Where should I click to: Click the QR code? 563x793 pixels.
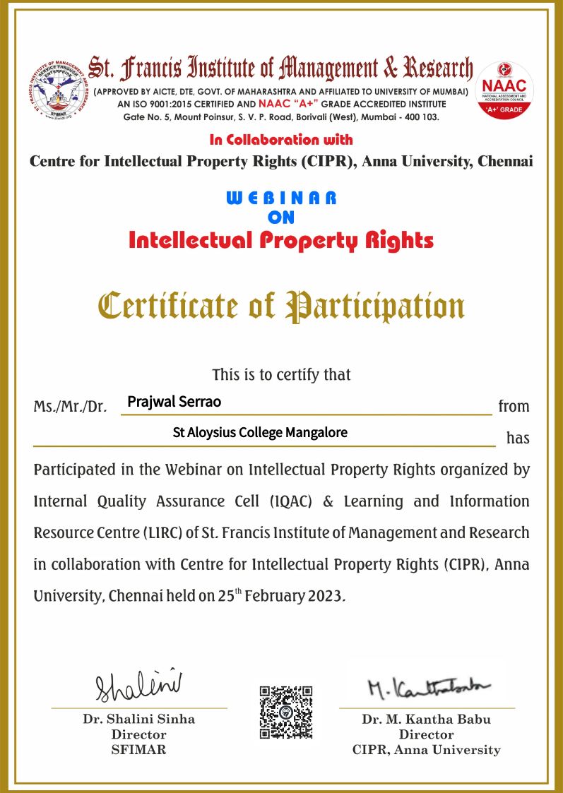pos(285,712)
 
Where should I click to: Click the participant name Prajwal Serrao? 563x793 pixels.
pos(174,402)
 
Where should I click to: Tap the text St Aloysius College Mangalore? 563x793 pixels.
pos(260,432)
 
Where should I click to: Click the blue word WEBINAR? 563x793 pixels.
pos(281,198)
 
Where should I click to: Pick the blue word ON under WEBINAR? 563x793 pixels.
pos(281,217)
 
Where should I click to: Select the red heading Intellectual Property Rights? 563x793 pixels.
pos(281,241)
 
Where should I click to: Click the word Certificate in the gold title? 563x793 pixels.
pos(169,306)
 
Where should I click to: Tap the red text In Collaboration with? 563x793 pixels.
pos(281,139)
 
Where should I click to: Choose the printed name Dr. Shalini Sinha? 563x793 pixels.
pos(139,720)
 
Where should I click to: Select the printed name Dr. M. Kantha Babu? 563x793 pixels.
pos(427,720)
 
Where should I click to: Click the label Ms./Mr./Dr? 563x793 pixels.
pos(70,407)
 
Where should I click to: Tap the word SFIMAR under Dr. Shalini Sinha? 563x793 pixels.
pos(139,750)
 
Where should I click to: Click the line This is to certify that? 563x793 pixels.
pos(281,374)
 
